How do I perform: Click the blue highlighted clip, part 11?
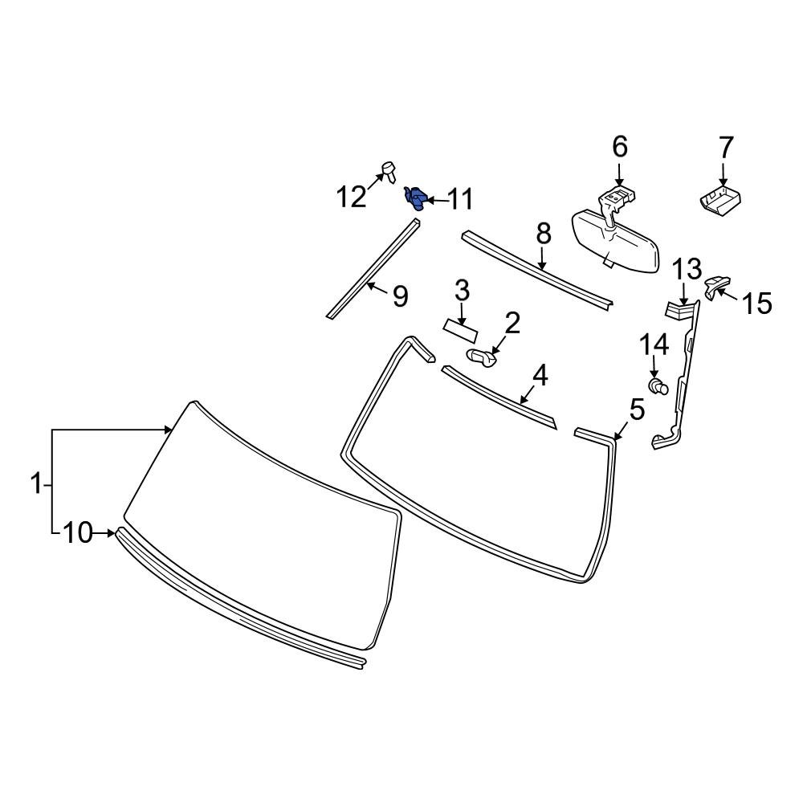click(415, 197)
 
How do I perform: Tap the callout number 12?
click(351, 197)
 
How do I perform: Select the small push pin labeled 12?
click(389, 169)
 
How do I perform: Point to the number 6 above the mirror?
click(619, 147)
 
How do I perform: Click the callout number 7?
click(725, 147)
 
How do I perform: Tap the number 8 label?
click(544, 234)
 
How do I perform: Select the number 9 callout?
click(399, 296)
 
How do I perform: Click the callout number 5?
click(636, 410)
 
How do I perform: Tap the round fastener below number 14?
click(659, 389)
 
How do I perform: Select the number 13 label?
click(687, 270)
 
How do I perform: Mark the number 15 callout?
click(756, 303)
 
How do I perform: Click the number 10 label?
click(78, 532)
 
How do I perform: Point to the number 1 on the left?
click(35, 484)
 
